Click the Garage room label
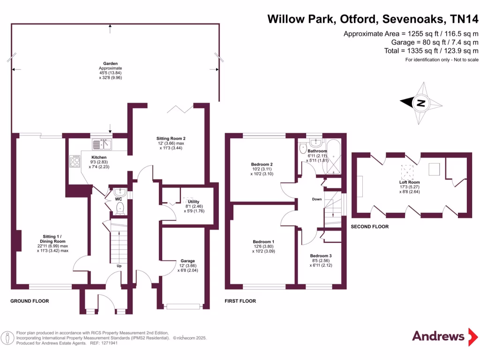[x=187, y=261]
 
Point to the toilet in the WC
[x=119, y=207]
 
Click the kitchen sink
[x=102, y=144]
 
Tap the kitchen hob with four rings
[x=75, y=161]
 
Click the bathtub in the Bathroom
[x=333, y=156]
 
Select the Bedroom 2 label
[x=262, y=164]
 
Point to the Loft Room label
[x=410, y=182]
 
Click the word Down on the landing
[x=316, y=199]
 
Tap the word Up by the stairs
[x=120, y=266]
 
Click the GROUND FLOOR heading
[x=30, y=301]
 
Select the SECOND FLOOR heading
[x=370, y=226]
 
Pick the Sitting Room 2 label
[x=171, y=138]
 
